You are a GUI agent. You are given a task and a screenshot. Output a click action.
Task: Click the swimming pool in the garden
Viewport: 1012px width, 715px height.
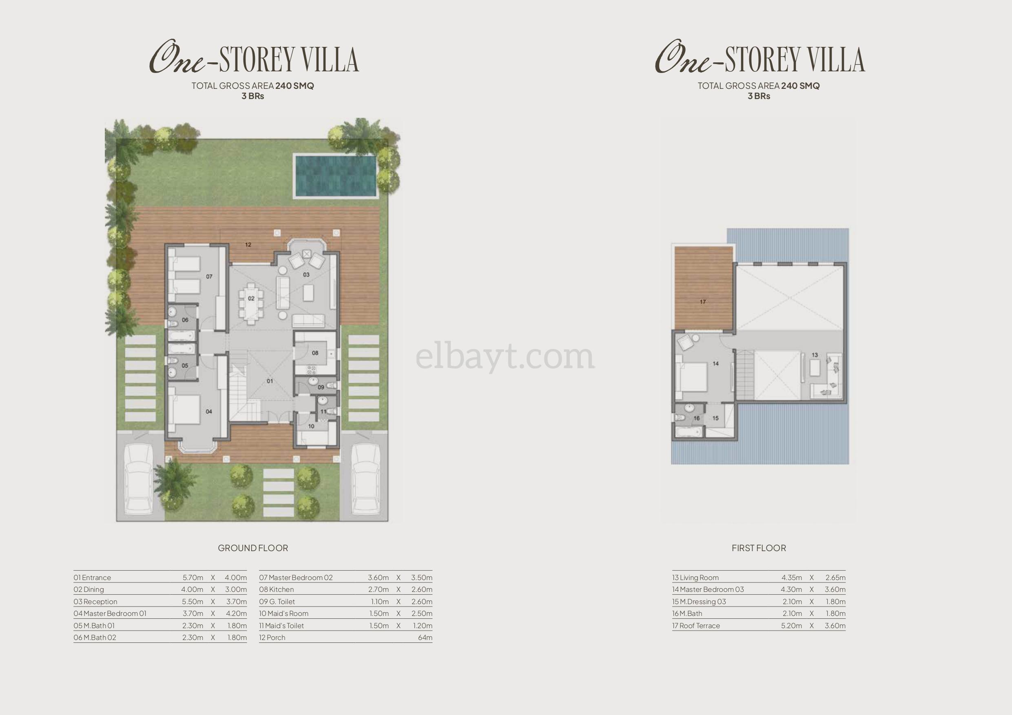[335, 175]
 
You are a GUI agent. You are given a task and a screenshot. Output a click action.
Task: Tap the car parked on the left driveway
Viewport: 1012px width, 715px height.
[139, 479]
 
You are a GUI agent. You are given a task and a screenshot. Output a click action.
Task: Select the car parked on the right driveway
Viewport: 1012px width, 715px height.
[366, 479]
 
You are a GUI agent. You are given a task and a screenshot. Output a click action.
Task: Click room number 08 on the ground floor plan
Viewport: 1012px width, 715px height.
[315, 353]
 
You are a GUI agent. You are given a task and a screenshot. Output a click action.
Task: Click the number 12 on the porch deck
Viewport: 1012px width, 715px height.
[248, 245]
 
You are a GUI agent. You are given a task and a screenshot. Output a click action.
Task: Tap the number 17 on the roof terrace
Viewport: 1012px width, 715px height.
[702, 302]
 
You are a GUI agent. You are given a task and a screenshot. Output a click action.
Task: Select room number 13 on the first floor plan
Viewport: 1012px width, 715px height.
[815, 355]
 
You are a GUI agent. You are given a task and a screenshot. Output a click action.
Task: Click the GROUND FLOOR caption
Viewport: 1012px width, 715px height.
[253, 548]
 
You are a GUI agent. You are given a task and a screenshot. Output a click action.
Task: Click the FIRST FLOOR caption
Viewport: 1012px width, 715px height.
[759, 548]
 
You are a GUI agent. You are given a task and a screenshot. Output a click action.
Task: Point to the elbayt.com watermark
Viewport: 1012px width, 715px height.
[505, 357]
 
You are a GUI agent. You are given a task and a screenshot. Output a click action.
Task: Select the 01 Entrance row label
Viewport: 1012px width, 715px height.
[92, 578]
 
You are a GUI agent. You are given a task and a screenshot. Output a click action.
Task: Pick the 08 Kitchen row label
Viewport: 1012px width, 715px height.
[277, 589]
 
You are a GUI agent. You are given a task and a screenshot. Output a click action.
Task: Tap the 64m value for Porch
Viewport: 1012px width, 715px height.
[425, 638]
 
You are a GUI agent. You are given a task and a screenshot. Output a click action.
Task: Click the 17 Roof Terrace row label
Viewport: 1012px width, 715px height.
[696, 626]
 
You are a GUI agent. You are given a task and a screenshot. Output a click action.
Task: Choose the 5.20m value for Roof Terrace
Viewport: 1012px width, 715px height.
[791, 626]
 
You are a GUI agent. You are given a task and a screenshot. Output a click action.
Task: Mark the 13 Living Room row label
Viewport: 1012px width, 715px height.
[695, 578]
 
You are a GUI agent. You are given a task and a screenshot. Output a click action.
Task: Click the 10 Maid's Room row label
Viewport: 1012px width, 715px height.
[284, 613]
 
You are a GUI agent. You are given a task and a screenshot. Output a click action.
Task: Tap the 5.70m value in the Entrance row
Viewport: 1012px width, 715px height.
[193, 578]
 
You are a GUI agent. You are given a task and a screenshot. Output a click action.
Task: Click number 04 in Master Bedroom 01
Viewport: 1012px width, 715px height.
[209, 411]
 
